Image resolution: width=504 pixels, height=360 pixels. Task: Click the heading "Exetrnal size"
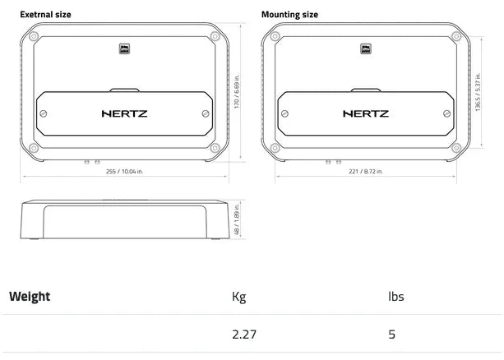[45, 14]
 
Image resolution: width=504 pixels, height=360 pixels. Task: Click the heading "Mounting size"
[289, 14]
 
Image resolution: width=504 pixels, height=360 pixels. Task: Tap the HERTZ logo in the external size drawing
[124, 113]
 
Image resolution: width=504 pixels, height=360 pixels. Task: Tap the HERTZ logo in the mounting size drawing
[365, 113]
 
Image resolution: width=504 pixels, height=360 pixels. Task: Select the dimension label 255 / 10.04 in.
[125, 172]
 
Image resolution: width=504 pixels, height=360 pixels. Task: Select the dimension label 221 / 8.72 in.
[366, 172]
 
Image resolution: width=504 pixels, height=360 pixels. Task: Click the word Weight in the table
[30, 297]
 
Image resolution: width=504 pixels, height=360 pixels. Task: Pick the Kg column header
[239, 297]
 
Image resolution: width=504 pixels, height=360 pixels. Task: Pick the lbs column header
[395, 297]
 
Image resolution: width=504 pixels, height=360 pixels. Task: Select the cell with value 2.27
[244, 335]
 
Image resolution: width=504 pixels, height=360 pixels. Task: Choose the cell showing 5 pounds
[392, 335]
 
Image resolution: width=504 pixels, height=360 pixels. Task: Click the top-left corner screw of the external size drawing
[34, 36]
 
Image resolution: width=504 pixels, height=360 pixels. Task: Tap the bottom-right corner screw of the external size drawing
[215, 149]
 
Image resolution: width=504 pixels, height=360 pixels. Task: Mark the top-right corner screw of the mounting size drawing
[456, 36]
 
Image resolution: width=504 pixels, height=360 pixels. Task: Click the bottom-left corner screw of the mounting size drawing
[275, 149]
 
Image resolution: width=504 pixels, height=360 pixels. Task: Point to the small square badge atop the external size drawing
[124, 48]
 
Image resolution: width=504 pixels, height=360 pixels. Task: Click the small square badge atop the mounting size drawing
[365, 48]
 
